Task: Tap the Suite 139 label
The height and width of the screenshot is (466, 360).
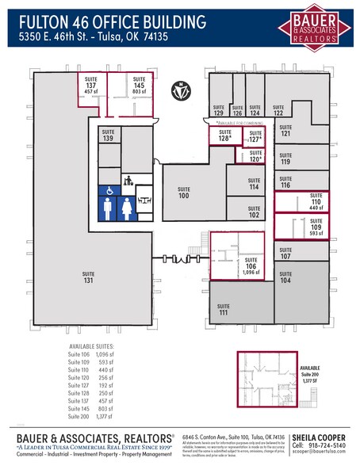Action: click(x=108, y=136)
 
